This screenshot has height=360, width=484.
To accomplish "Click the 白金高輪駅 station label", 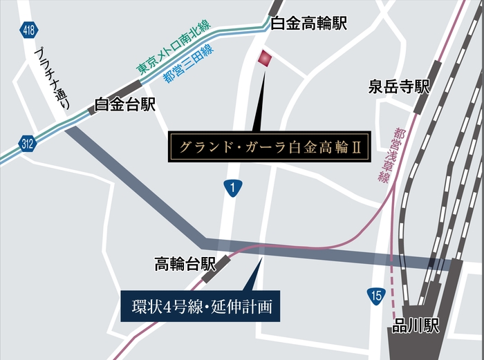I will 308,23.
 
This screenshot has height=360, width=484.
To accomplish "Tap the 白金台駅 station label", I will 125,105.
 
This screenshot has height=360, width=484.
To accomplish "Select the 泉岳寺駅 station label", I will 399,86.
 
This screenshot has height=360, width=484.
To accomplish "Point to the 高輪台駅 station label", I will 185,263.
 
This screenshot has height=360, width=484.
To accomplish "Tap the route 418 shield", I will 29,30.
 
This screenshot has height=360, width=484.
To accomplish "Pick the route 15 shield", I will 375,296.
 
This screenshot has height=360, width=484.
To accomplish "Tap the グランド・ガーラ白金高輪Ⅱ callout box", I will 266,147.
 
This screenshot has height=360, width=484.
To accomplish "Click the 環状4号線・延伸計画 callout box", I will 201,305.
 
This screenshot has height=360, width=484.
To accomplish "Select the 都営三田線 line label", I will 189,64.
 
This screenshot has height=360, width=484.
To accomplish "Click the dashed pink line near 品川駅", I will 393,287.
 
